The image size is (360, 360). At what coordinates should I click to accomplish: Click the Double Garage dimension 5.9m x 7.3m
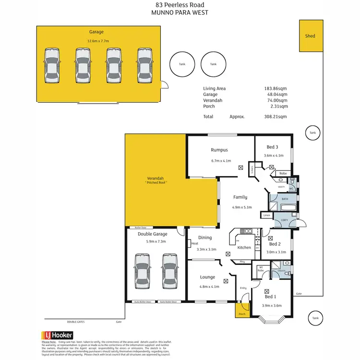click(x=153, y=241)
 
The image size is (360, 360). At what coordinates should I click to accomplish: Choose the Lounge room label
click(x=207, y=277)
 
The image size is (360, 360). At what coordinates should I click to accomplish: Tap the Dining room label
click(x=205, y=237)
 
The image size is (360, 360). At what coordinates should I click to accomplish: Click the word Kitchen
click(x=244, y=247)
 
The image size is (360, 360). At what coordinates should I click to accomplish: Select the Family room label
click(x=240, y=197)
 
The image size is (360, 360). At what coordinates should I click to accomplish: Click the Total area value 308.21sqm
click(x=277, y=117)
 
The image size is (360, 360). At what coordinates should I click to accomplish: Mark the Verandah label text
click(x=156, y=178)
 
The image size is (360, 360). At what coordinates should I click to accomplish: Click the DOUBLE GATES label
click(x=75, y=322)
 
